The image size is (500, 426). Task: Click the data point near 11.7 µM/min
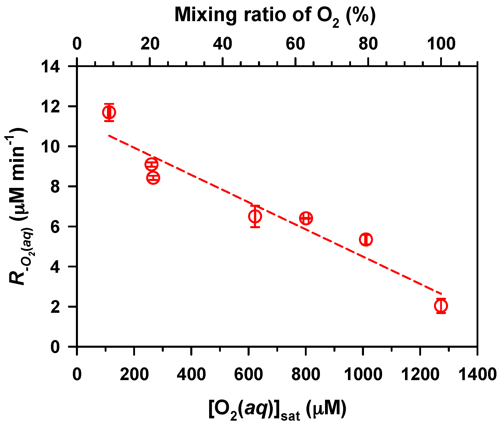[109, 112]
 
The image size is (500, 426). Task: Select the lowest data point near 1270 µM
[441, 305]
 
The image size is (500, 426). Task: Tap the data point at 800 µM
[306, 218]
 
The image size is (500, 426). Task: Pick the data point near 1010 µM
[366, 239]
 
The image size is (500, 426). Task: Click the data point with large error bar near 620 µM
[255, 216]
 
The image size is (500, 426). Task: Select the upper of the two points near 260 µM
[151, 164]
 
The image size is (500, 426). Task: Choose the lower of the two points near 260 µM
[153, 177]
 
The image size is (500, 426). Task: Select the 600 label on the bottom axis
[248, 375]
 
